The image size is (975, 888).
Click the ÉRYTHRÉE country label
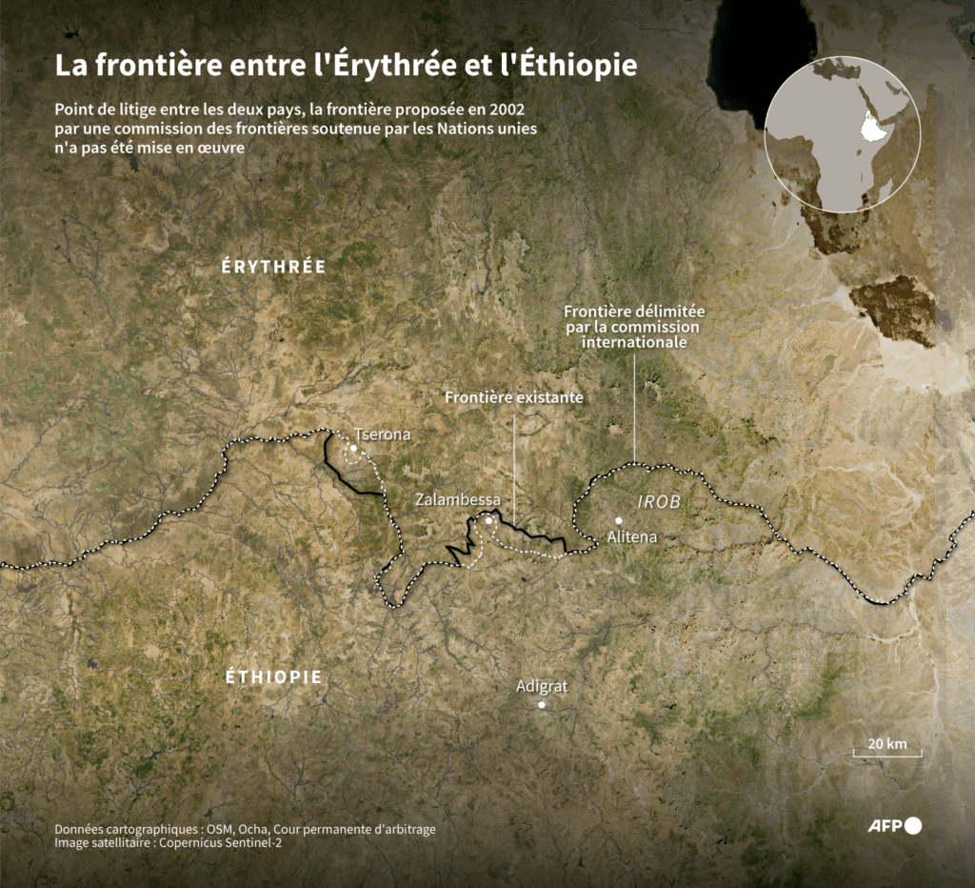click(273, 267)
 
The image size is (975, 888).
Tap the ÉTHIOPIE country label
click(273, 677)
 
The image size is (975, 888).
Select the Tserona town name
click(382, 434)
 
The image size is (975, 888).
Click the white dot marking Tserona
click(353, 447)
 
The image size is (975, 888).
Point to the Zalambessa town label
click(457, 499)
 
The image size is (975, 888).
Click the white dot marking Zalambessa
click(488, 520)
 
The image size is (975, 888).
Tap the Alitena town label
click(632, 536)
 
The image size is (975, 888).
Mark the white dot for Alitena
click(619, 520)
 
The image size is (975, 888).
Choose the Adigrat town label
click(542, 686)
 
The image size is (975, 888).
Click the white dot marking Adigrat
click(542, 705)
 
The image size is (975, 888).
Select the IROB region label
click(658, 500)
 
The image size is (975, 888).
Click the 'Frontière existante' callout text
click(514, 397)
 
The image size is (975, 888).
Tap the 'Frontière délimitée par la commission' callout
click(633, 327)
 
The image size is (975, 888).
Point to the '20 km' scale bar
click(886, 748)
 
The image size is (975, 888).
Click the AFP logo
click(894, 826)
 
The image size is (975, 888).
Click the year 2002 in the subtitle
click(505, 110)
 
